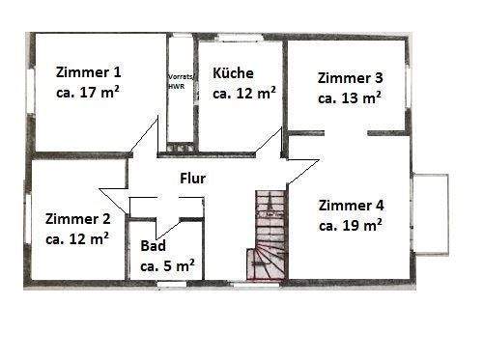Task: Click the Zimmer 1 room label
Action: (90, 71)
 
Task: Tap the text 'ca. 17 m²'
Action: (90, 93)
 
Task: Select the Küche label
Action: (233, 72)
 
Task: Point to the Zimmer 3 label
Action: (351, 77)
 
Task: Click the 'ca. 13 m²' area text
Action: (350, 97)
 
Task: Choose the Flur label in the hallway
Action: (193, 178)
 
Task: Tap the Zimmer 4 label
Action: (351, 205)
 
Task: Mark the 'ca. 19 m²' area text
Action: (350, 225)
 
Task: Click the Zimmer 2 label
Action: (77, 218)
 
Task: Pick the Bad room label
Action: (154, 246)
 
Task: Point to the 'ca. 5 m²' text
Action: (168, 264)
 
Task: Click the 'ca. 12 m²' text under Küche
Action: (244, 94)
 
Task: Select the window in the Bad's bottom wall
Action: (172, 282)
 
